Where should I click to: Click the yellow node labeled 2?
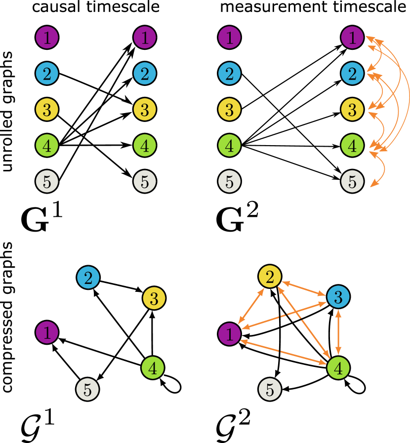(x=270, y=276)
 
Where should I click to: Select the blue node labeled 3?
(x=338, y=297)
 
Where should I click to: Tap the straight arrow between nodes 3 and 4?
(x=338, y=332)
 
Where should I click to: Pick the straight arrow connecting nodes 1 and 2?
(x=251, y=305)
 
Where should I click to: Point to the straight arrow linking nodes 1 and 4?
(x=284, y=352)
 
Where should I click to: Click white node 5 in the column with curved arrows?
(x=352, y=181)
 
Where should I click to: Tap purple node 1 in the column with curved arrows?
(x=352, y=38)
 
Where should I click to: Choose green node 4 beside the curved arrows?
(x=352, y=146)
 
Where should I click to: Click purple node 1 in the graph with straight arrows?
(x=229, y=334)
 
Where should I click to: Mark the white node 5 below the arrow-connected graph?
(x=270, y=389)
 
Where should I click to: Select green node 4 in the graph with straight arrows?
(x=338, y=368)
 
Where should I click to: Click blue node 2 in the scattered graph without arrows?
(x=88, y=278)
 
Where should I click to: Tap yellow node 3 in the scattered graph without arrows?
(x=154, y=298)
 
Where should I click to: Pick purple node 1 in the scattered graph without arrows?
(x=47, y=332)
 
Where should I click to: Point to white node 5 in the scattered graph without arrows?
(x=87, y=390)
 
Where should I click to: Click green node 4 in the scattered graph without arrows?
(x=153, y=368)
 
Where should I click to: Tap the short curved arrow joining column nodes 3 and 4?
(x=382, y=127)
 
